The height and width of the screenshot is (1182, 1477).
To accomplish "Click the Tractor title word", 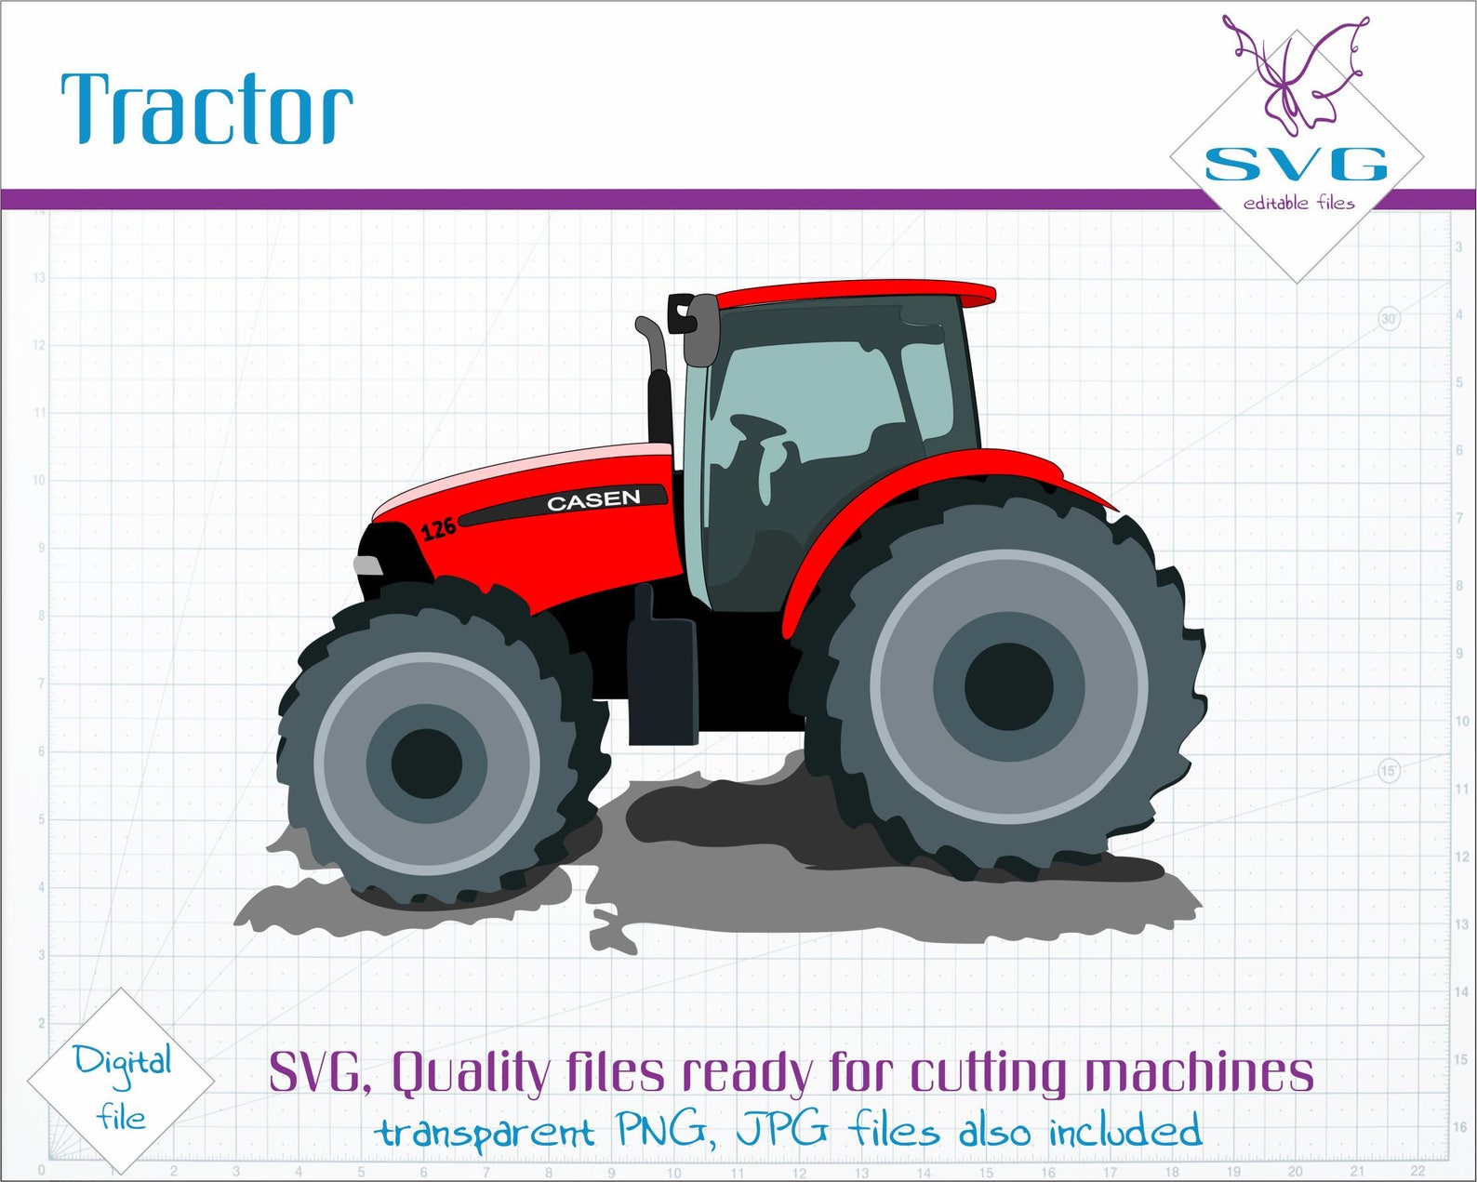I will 206,109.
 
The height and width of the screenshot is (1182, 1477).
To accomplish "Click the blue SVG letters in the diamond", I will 1296,165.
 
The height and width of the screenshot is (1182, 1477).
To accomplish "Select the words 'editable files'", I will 1298,203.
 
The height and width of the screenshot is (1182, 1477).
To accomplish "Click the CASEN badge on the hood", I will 593,500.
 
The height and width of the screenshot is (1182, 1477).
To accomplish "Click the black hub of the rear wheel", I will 1008,686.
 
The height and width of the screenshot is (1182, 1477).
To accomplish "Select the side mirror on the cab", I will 701,330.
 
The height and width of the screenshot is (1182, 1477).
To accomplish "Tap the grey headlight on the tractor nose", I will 367,565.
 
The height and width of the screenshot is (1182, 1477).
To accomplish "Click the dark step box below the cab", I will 662,679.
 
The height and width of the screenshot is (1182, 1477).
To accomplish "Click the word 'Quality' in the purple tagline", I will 471,1073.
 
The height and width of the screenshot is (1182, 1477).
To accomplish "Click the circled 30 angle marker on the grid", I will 1389,319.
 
